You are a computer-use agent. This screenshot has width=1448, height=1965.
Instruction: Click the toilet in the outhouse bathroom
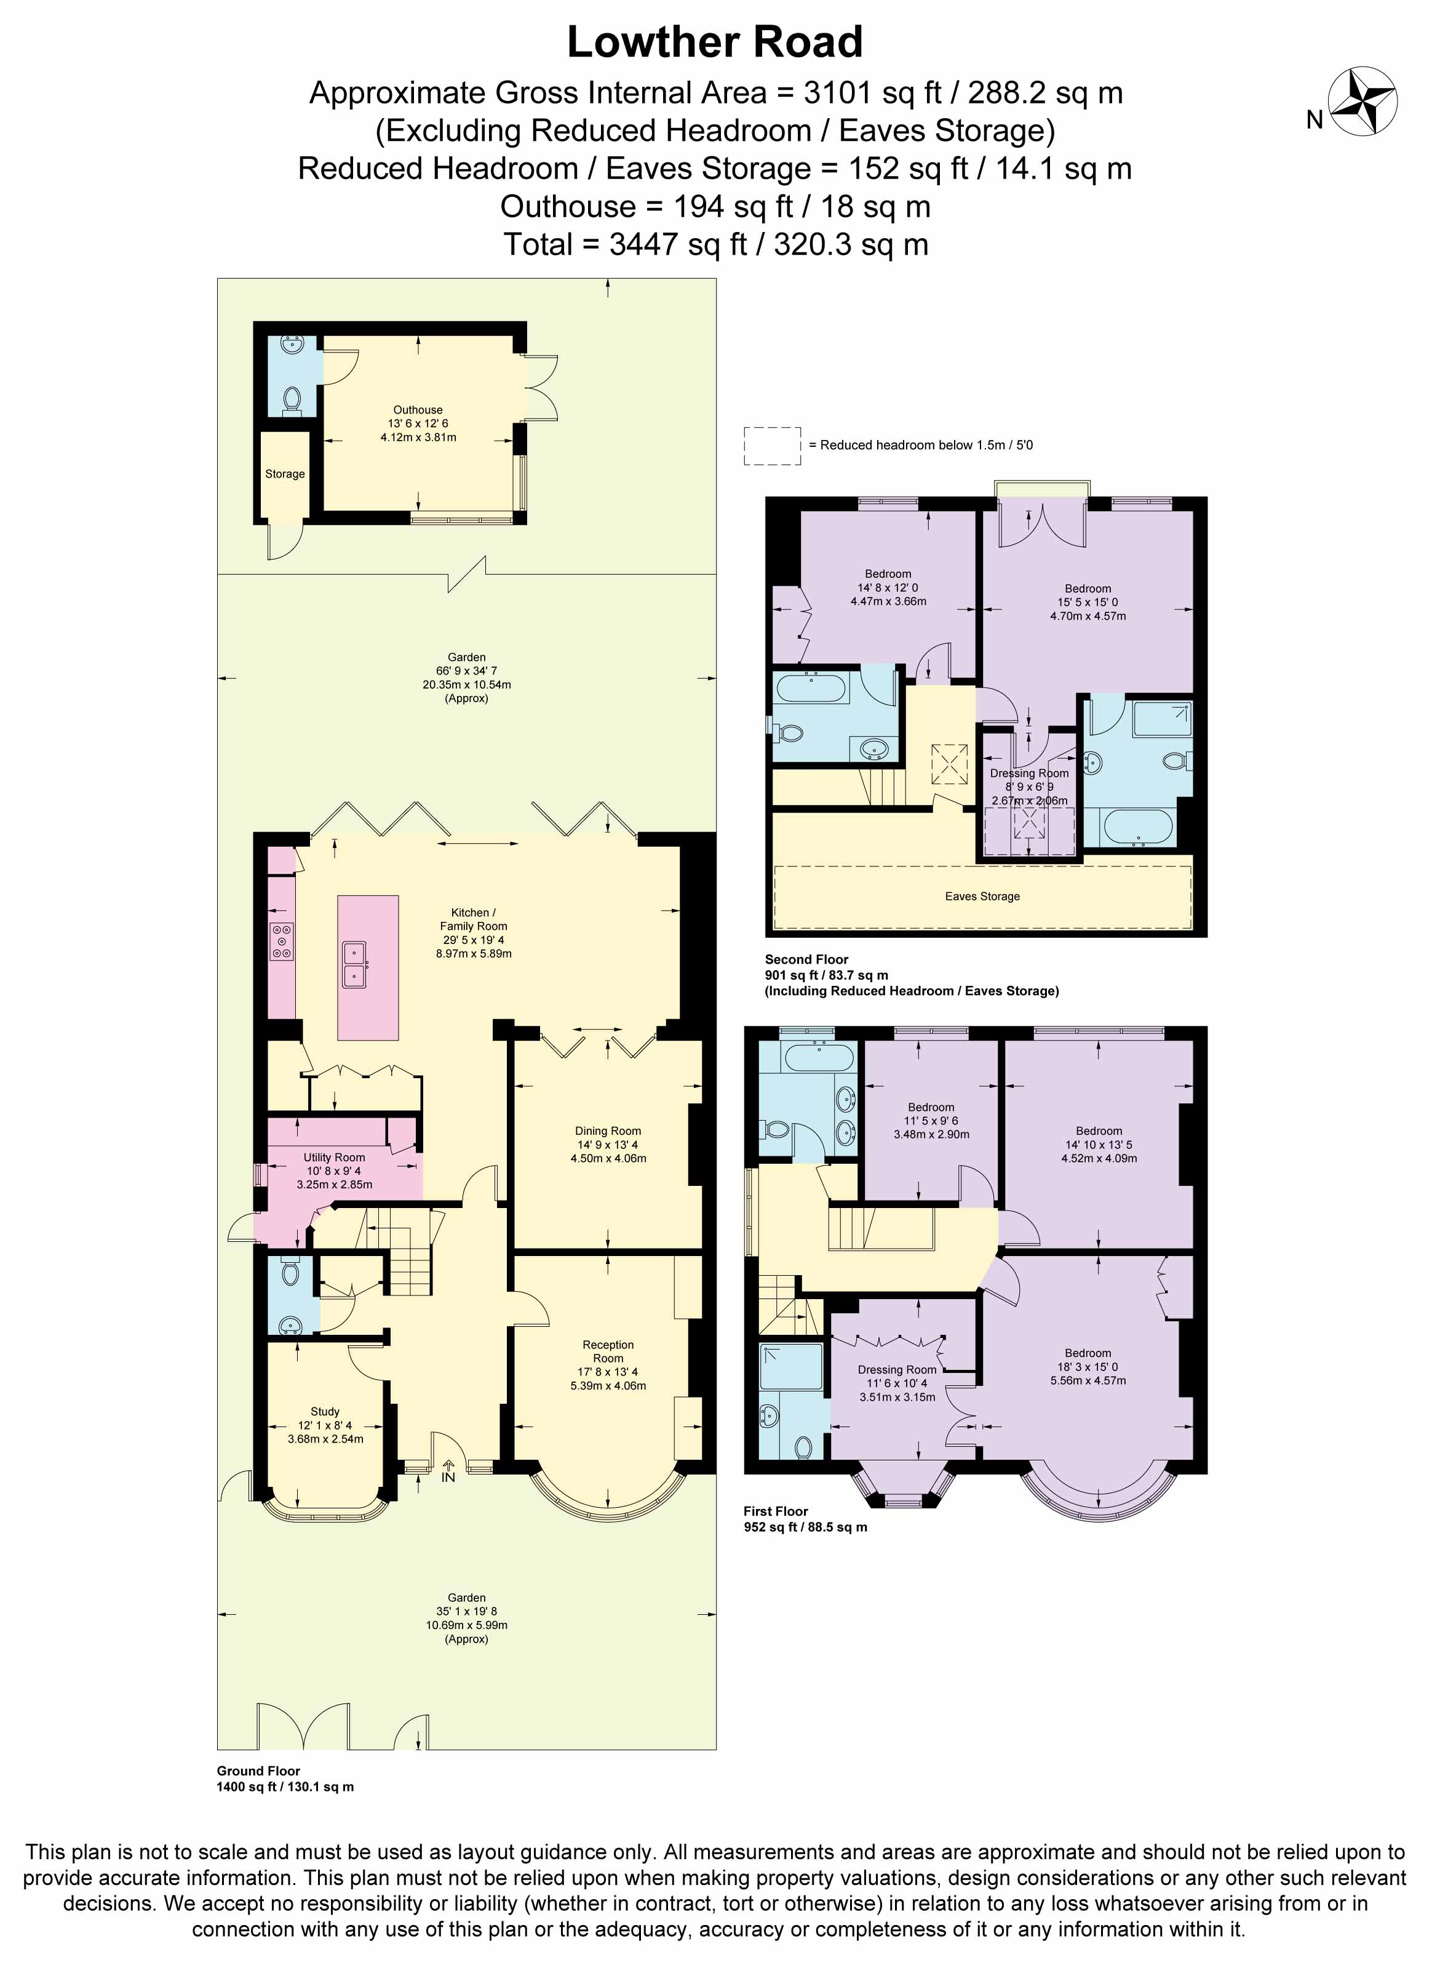tap(293, 400)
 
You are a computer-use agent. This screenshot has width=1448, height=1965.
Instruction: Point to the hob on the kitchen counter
tap(281, 941)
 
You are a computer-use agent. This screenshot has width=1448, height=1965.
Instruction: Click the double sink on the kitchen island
tap(355, 964)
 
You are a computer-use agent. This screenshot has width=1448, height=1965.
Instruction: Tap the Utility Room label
tap(334, 1158)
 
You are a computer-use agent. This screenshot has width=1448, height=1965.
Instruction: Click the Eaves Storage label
tap(982, 896)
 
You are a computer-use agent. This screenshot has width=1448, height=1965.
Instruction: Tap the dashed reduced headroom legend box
tap(772, 446)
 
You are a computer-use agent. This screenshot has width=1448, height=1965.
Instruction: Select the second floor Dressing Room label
tap(1029, 774)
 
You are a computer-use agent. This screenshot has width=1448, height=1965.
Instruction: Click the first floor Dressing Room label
tap(897, 1370)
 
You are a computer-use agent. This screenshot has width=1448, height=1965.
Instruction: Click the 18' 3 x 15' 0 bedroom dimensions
tap(1088, 1367)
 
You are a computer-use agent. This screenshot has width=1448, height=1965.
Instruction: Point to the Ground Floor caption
tap(258, 1771)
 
